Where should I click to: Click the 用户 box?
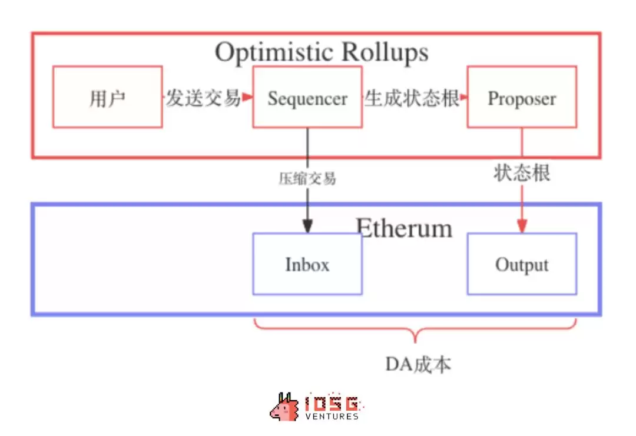pyautogui.click(x=107, y=97)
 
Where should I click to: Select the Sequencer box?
pyautogui.click(x=307, y=97)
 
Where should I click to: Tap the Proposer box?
pyautogui.click(x=522, y=97)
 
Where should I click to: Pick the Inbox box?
pyautogui.click(x=307, y=264)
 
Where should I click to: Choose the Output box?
pyautogui.click(x=522, y=264)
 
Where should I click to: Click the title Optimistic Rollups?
pyautogui.click(x=322, y=52)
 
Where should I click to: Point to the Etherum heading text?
pyautogui.click(x=404, y=228)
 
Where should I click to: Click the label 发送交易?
pyautogui.click(x=203, y=98)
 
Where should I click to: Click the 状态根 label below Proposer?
pyautogui.click(x=522, y=174)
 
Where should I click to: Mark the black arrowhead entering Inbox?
pyautogui.click(x=307, y=226)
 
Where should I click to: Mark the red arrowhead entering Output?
pyautogui.click(x=522, y=226)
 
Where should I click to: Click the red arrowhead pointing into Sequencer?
pyautogui.click(x=247, y=97)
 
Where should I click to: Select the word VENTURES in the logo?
pyautogui.click(x=332, y=417)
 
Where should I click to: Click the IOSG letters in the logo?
pyautogui.click(x=332, y=404)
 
